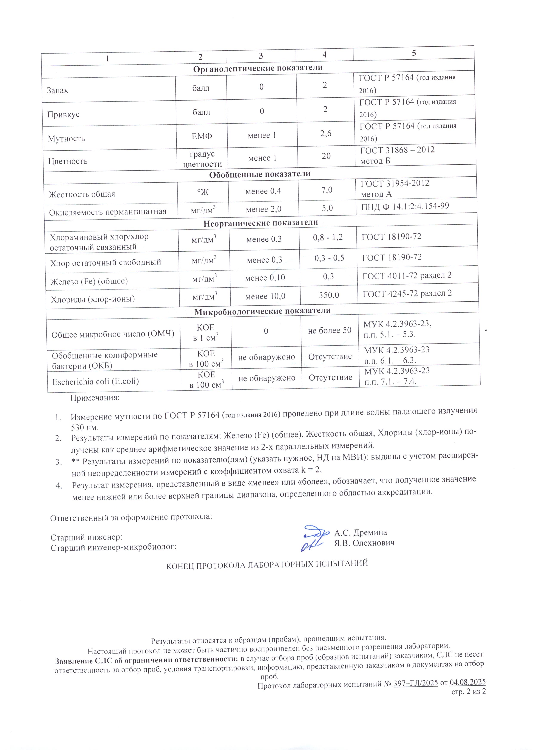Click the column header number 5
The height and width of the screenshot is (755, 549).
coord(414,53)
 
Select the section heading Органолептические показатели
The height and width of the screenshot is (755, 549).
coord(258,68)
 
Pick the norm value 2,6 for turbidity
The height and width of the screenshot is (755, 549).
coord(326,134)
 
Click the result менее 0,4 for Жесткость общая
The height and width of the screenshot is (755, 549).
coord(263,191)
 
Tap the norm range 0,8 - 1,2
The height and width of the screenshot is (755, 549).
coord(328,237)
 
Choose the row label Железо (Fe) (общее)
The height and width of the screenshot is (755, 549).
coord(89,281)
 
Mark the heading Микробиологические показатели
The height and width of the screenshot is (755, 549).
coord(262,311)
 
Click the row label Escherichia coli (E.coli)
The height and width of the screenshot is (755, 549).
coord(96,381)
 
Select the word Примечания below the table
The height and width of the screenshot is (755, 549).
coord(95,398)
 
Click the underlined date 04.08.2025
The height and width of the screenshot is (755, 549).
coord(467,682)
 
